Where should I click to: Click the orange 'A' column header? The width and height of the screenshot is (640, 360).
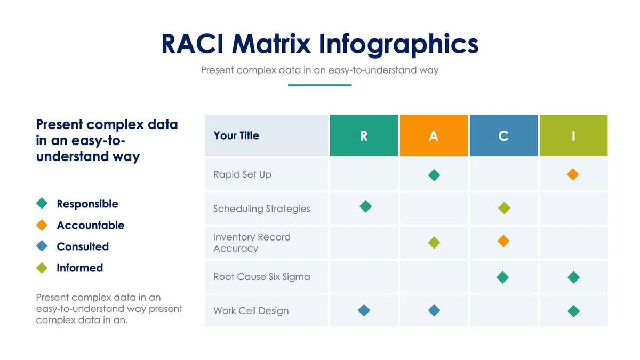pos(434,135)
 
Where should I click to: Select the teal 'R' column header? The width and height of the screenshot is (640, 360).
pos(364,135)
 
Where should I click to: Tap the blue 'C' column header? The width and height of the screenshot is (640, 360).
pos(503,135)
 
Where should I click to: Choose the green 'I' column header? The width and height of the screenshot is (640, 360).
pos(573,135)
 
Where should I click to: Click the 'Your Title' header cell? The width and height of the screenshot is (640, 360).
pos(236,135)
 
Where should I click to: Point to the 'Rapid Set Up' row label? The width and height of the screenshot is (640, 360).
pos(242,174)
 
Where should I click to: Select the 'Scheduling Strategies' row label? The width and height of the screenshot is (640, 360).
pos(261,209)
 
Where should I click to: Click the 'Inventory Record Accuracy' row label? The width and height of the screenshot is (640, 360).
pos(252,243)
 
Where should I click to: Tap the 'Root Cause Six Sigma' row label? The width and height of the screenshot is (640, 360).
pos(261,277)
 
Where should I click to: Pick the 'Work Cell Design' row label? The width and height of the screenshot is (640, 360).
pos(251,311)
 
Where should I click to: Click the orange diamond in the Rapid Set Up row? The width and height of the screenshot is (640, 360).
pos(573,174)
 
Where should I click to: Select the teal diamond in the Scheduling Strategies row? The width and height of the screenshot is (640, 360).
pos(365,206)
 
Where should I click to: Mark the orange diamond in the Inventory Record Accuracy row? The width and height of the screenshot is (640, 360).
pos(503,241)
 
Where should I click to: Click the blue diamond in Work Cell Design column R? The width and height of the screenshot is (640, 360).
pos(364,310)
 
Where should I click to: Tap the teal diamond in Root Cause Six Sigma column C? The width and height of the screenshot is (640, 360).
pos(502,277)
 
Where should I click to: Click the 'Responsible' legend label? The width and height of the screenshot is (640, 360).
pos(87,204)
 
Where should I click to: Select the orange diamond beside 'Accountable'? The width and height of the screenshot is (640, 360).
pos(42,225)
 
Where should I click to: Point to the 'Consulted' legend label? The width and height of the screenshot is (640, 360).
pos(83,247)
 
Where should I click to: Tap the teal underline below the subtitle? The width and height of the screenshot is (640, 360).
pos(319,85)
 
